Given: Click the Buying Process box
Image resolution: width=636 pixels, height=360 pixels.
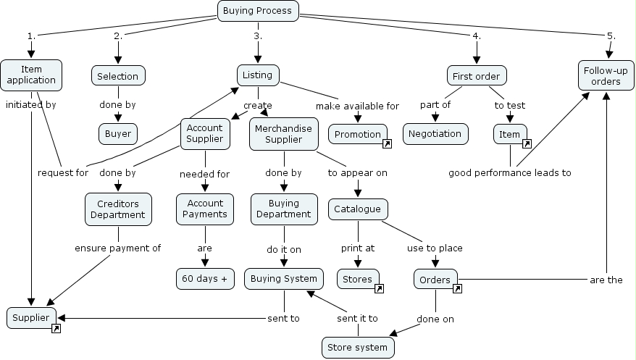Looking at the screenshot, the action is [258, 11].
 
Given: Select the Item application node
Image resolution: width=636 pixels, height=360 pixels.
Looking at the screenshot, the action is [31, 75].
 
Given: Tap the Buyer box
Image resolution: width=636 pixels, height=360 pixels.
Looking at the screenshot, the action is [118, 134].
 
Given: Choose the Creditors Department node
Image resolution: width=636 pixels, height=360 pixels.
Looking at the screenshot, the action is [118, 209].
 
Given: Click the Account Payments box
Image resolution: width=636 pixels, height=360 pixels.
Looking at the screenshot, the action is [205, 209].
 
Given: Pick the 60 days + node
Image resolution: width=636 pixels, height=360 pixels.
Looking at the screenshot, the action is [205, 279].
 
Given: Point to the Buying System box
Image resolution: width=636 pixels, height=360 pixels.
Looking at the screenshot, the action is [284, 279].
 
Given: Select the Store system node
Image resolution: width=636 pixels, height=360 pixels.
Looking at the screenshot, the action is [358, 348].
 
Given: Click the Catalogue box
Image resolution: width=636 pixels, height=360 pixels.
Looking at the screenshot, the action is [358, 209].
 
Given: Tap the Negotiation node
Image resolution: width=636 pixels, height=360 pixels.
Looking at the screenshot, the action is [435, 134].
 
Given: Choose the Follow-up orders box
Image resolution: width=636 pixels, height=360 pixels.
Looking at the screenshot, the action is [606, 76].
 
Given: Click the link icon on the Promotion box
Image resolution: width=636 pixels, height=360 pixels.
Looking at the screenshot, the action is [387, 143].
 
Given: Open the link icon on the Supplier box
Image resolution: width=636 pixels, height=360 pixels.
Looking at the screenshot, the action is [56, 328].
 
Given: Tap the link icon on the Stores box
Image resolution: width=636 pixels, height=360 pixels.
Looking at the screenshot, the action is [379, 288].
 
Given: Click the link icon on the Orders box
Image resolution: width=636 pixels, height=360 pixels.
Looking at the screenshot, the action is [457, 288].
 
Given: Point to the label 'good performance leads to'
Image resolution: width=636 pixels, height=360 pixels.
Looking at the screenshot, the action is [510, 173].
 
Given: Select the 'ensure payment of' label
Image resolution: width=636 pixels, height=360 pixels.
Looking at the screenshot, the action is [117, 248].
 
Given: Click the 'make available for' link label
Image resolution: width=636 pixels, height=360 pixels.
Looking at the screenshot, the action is [357, 106].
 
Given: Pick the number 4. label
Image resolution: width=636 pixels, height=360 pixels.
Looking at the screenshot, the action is [477, 36].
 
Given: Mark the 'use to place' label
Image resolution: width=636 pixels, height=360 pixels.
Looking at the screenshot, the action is [435, 248].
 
